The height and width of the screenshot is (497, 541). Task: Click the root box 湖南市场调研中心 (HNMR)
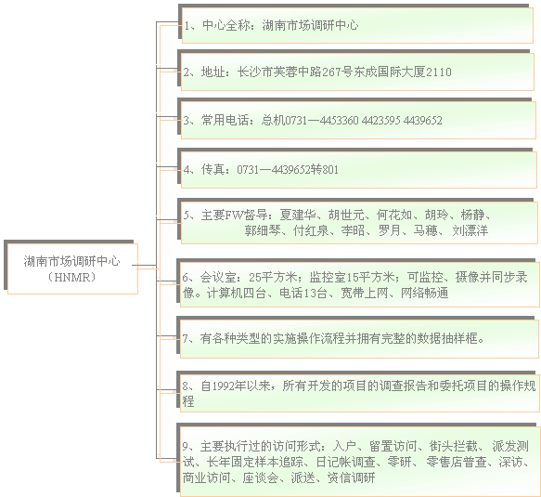[x=71, y=267]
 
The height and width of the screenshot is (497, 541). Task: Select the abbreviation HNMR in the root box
[x=71, y=278]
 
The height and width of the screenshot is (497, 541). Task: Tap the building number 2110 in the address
[x=439, y=72]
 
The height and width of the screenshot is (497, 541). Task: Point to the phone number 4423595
[x=380, y=120]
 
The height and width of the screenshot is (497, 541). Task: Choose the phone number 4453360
[x=339, y=120]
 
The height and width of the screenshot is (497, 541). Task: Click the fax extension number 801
[x=330, y=170]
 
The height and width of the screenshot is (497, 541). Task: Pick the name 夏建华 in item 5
[x=298, y=215]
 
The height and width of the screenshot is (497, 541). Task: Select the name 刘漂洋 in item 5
[x=470, y=230]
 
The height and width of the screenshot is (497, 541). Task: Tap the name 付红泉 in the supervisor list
[x=311, y=230]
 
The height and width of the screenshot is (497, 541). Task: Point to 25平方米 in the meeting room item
[x=273, y=277]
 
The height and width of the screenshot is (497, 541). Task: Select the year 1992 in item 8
[x=223, y=386]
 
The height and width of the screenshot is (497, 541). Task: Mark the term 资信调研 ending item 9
[x=351, y=477]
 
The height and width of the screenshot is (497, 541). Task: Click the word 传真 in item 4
[x=213, y=170]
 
